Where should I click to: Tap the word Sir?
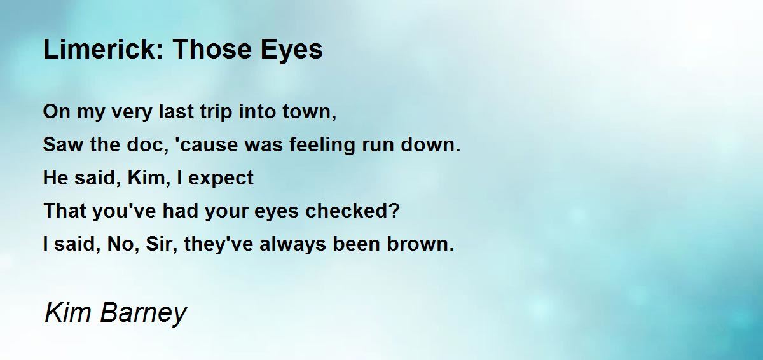[x=158, y=244]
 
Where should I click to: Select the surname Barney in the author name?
[x=144, y=313]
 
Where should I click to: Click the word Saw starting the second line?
[x=63, y=144]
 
